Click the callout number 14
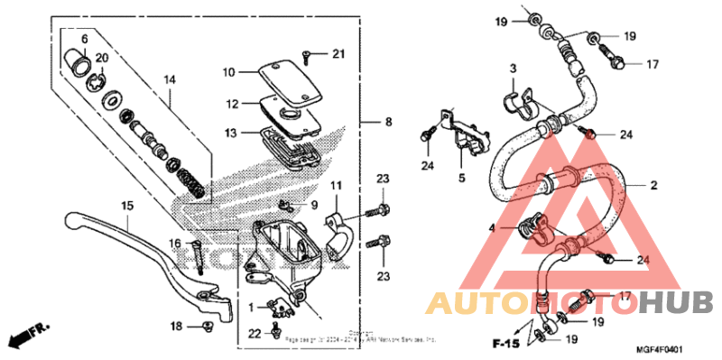pyautogui.click(x=168, y=80)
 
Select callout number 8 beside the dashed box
pyautogui.click(x=389, y=122)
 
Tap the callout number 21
pyautogui.click(x=338, y=55)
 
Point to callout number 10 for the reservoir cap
pyautogui.click(x=228, y=71)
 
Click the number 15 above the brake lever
pyautogui.click(x=127, y=207)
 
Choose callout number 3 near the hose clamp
pyautogui.click(x=512, y=69)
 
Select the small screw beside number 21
pyautogui.click(x=307, y=57)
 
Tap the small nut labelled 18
pyautogui.click(x=207, y=326)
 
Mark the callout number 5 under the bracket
pyautogui.click(x=461, y=179)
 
